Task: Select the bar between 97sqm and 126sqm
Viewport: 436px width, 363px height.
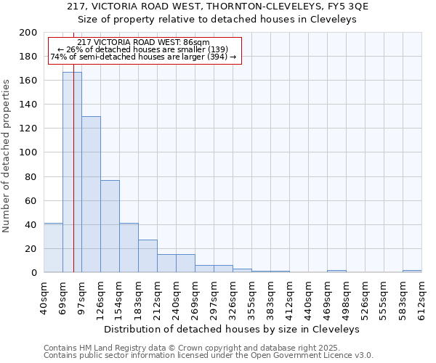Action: (91, 194)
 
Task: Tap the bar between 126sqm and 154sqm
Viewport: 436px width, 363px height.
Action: (110, 226)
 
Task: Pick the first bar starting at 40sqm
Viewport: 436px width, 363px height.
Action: (53, 248)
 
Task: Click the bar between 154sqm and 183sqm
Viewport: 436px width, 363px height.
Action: (129, 248)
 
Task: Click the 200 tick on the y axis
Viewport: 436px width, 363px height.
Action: (29, 33)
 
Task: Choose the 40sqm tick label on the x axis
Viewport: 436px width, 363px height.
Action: (44, 298)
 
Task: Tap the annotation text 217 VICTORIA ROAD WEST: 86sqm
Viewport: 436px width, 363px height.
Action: (143, 43)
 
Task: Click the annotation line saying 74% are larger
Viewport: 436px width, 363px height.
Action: (143, 57)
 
